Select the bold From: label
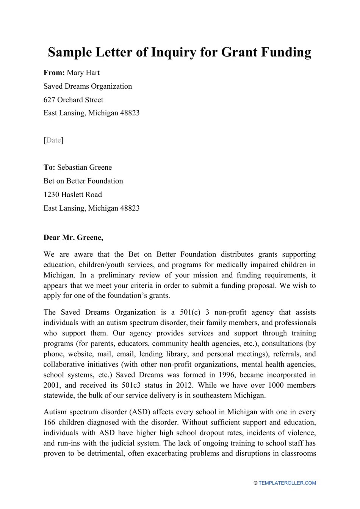(54, 73)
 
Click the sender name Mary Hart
(83, 73)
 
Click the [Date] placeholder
(53, 140)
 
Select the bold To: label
(49, 168)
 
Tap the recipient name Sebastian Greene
(85, 168)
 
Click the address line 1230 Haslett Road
(73, 195)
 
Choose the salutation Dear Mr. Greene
(73, 238)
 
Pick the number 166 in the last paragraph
(50, 423)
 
